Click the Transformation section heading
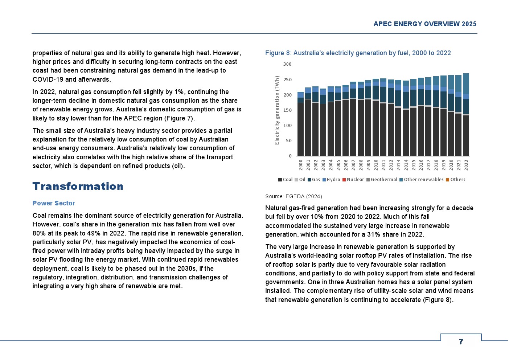(78, 186)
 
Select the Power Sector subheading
(54, 203)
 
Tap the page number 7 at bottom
(461, 341)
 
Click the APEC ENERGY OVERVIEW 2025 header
(425, 24)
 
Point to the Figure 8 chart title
(358, 53)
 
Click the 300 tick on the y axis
(287, 64)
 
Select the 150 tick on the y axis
(287, 110)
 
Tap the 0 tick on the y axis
(290, 156)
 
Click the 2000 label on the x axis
(301, 164)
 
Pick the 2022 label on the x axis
(466, 164)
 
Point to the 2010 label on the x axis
(376, 164)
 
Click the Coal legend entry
(285, 180)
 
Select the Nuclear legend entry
(353, 180)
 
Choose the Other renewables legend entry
(421, 180)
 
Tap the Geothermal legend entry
(382, 180)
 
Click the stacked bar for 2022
(466, 115)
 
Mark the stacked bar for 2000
(300, 124)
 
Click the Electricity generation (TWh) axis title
(277, 110)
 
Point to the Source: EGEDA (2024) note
(294, 196)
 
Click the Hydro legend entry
(331, 180)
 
